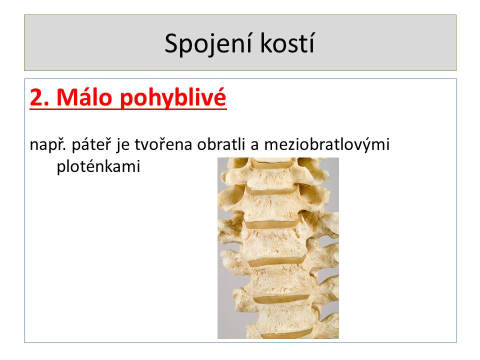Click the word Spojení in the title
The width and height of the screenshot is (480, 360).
point(208,44)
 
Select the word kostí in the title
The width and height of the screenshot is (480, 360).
point(287,43)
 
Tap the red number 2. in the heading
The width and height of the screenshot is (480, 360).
point(39,97)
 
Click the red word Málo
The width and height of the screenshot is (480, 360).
point(84,97)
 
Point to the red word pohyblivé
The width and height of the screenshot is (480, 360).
point(172,98)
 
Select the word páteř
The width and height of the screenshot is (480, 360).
point(91,145)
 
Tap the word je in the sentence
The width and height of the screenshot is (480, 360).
point(123,145)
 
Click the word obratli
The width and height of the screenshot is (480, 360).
point(220,144)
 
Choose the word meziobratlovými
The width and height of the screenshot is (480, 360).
point(326,145)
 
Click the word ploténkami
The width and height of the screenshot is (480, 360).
point(98,167)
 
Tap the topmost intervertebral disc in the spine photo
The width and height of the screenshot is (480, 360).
point(270,164)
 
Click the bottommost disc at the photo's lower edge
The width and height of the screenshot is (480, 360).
point(286,333)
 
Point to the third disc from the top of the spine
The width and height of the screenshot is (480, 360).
point(272,224)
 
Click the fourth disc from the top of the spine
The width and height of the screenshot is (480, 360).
point(277,262)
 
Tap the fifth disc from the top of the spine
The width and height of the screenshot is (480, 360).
point(282,299)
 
